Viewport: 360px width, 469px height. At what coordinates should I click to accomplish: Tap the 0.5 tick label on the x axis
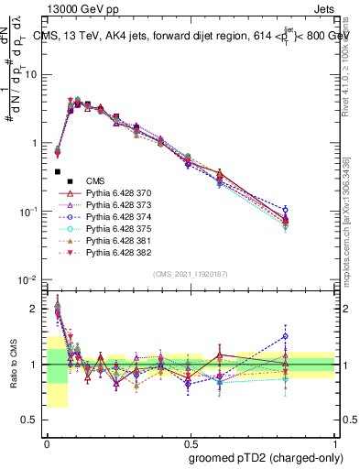pyautogui.click(x=191, y=443)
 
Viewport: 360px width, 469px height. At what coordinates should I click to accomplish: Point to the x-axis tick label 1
pyautogui.click(x=335, y=443)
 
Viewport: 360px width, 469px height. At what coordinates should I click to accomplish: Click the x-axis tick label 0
pyautogui.click(x=47, y=443)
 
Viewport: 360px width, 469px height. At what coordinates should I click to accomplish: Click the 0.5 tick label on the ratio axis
pyautogui.click(x=32, y=420)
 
